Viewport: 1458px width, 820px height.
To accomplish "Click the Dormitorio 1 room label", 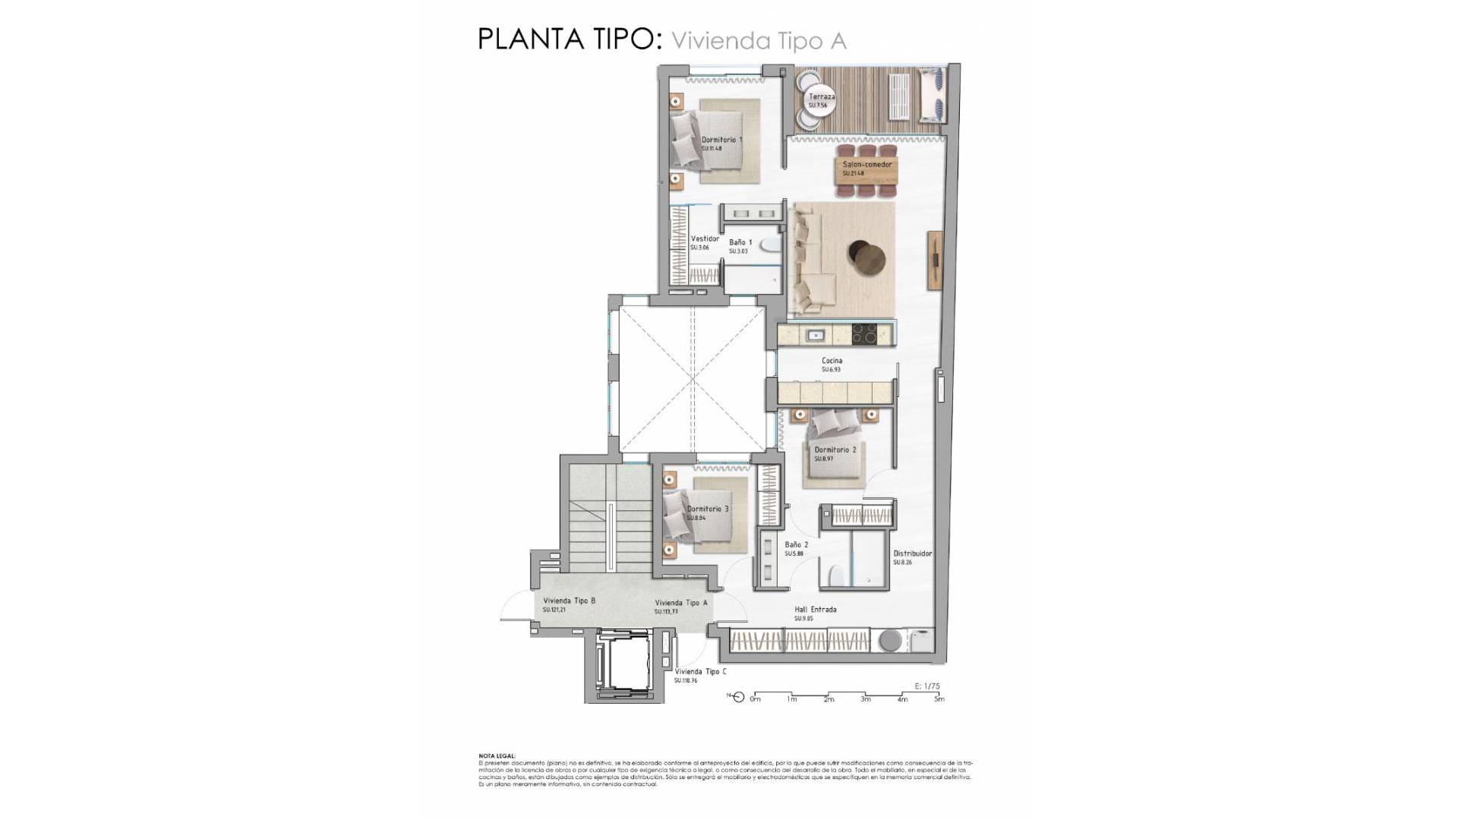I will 721,140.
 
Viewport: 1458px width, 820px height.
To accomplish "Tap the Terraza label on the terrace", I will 822,97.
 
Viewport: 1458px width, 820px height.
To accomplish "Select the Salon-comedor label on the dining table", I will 866,165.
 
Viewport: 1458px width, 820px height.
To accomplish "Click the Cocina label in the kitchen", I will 832,361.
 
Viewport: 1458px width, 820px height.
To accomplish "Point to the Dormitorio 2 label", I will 835,450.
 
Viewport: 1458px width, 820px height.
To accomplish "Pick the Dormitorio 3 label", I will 708,509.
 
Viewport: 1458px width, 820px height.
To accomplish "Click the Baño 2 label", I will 796,545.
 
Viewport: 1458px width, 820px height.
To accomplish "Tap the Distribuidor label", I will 912,554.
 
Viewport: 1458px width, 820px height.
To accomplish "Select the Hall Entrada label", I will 815,610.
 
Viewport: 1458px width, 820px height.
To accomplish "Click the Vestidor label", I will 704,239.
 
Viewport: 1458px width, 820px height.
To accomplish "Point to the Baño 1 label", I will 740,243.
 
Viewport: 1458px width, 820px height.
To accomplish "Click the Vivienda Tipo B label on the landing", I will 569,601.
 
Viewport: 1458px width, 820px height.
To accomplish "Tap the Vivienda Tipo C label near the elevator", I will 700,672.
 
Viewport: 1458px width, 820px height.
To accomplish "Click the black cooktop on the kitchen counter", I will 863,334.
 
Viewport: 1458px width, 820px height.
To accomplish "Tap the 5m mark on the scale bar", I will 939,699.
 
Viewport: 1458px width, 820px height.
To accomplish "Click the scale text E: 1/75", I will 927,686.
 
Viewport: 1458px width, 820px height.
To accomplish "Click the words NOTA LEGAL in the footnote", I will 497,756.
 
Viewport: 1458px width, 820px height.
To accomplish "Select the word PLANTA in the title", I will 528,39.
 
